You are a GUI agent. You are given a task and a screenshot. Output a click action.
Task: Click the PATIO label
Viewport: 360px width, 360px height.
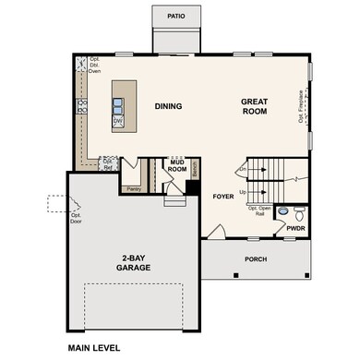176,17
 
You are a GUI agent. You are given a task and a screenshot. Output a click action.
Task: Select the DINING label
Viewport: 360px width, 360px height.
168,106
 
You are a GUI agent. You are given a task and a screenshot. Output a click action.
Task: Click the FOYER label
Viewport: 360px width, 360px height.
223,197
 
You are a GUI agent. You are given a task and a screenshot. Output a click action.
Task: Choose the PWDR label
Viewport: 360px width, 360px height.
295,227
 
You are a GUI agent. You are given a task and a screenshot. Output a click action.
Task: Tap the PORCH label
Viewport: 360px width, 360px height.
256,260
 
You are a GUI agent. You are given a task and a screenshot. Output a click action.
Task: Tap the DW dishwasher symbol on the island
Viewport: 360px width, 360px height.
118,120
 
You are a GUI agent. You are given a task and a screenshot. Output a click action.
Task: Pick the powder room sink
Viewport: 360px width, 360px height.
282,211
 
